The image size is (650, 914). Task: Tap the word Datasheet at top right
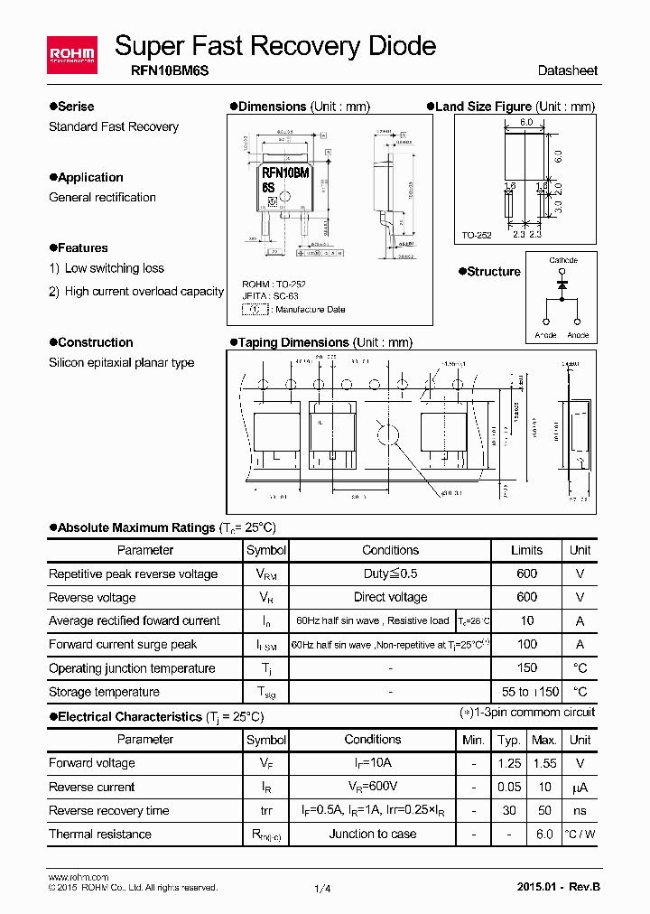tap(567, 70)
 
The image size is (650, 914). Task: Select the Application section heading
tap(90, 177)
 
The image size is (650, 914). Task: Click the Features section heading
tap(82, 247)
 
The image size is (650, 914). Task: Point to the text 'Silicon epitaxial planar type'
tap(121, 362)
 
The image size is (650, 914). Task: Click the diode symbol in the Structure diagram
tap(563, 284)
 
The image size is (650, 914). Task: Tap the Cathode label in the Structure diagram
tap(563, 260)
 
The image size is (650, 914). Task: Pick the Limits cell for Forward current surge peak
tap(526, 644)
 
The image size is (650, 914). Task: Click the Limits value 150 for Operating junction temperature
tap(526, 668)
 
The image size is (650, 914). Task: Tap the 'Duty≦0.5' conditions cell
tap(390, 574)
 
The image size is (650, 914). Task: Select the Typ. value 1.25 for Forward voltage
tap(510, 763)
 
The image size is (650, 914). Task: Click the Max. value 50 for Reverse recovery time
tap(544, 810)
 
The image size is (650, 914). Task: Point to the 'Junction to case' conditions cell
tap(373, 834)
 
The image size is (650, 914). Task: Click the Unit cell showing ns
tap(580, 810)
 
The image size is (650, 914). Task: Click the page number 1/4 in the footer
tap(323, 889)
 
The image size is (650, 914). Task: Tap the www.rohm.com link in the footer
tap(78, 877)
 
